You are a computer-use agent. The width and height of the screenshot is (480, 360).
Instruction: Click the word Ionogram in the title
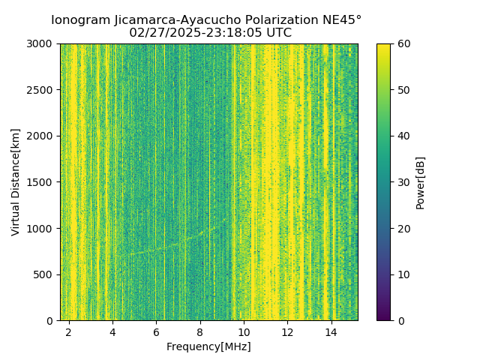tap(79, 19)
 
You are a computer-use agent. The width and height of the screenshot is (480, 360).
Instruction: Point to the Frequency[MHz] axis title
tap(208, 346)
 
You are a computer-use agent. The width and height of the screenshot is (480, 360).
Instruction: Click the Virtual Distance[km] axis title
tap(16, 182)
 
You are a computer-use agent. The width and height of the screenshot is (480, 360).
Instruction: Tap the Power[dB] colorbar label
tap(420, 182)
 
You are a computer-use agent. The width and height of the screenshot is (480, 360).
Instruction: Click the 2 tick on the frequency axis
tap(69, 331)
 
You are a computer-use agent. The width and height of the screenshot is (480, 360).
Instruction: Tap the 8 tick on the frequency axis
tap(200, 331)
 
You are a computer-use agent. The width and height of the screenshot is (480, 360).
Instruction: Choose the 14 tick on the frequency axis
tap(331, 331)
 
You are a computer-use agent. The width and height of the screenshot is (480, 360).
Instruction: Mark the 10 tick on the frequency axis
tap(244, 331)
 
